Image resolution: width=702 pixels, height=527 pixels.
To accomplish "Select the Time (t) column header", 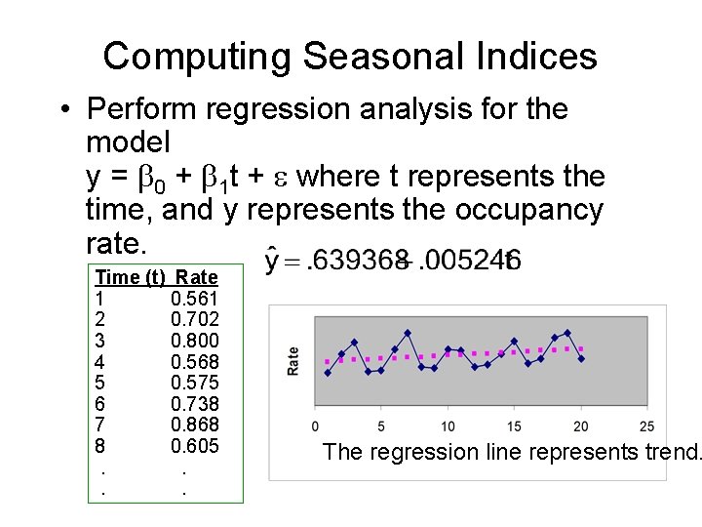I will tap(130, 277).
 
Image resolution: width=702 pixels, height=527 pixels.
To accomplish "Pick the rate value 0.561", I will tap(194, 299).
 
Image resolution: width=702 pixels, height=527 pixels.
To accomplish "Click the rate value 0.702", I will tap(194, 319).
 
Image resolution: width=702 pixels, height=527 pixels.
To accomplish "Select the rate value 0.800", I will tap(194, 341).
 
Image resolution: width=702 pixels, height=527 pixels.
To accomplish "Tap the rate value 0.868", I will tap(194, 425).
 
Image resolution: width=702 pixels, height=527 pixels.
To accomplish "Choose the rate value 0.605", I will tap(194, 446).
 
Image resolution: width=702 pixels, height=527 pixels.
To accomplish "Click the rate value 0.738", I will tap(194, 404).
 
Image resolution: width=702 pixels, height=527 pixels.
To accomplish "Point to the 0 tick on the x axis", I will tap(315, 426).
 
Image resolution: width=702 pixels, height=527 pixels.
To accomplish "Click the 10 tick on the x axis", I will tap(448, 426).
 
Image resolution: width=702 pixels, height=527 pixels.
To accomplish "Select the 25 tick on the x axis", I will tap(646, 426).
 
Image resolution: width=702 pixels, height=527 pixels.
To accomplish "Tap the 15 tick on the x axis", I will tap(514, 426).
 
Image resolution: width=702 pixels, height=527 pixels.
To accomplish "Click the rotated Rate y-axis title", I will tap(293, 361).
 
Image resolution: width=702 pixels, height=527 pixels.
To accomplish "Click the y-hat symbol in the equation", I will tap(275, 261).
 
